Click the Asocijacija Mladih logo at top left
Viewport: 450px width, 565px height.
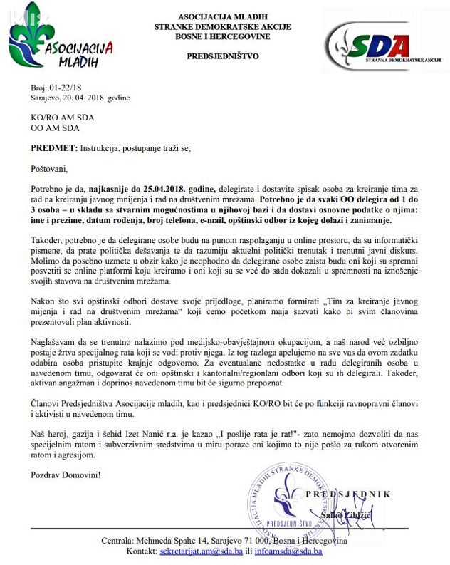(60, 42)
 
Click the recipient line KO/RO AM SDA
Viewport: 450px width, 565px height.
(62, 117)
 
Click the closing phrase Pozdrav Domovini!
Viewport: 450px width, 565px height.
(65, 474)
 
